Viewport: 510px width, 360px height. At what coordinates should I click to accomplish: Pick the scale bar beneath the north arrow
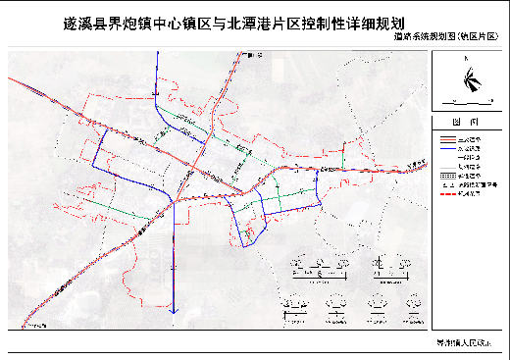pyautogui.click(x=465, y=101)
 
